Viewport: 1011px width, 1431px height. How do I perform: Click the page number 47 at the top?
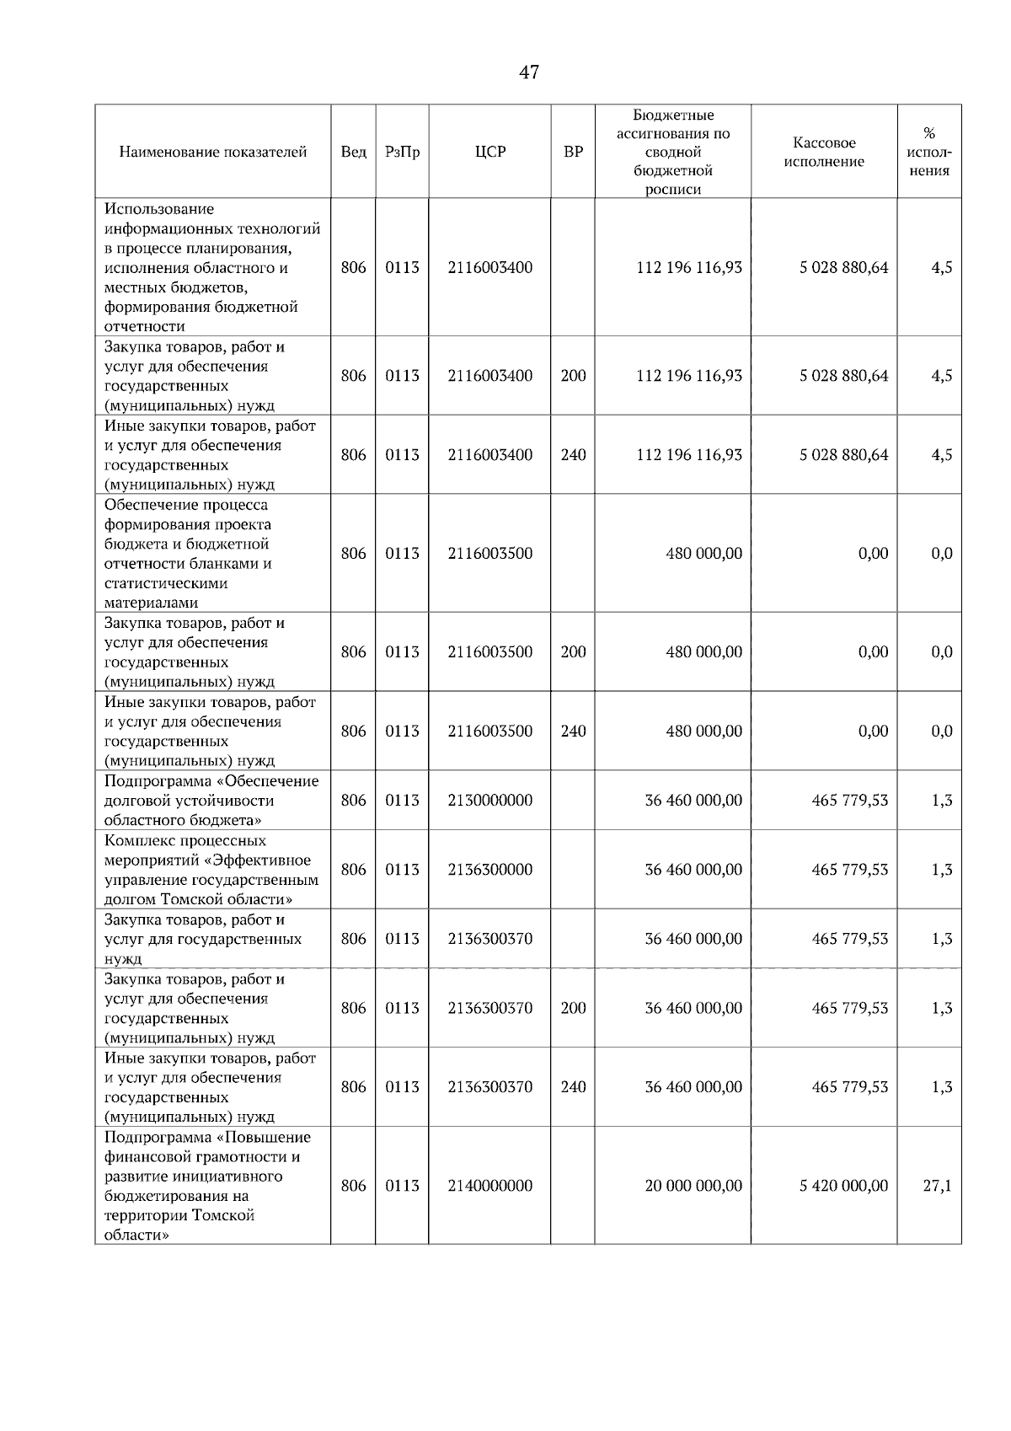tap(529, 72)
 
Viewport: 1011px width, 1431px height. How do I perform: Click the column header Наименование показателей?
tap(212, 153)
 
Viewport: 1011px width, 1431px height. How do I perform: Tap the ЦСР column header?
tap(489, 153)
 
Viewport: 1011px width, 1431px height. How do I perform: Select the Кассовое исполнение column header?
tap(824, 153)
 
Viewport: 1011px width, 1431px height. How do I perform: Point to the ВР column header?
tap(573, 153)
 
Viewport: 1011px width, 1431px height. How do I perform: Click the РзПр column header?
tap(402, 153)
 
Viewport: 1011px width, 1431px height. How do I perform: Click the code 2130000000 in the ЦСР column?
tap(489, 801)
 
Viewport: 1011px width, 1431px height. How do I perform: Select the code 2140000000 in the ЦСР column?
tap(489, 1186)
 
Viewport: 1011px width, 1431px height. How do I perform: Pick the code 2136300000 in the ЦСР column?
tap(489, 870)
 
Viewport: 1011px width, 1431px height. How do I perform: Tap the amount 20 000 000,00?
tap(693, 1186)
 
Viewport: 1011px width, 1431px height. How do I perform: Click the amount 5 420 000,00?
tap(843, 1186)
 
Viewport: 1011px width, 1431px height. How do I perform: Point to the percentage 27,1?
tap(937, 1186)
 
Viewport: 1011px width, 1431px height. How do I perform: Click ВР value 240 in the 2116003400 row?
tap(573, 455)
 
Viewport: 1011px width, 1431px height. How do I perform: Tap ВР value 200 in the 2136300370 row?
tap(573, 1009)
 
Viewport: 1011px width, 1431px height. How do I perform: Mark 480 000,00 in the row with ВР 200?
tap(703, 652)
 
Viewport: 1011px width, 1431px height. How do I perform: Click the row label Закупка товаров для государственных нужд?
tap(202, 939)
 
